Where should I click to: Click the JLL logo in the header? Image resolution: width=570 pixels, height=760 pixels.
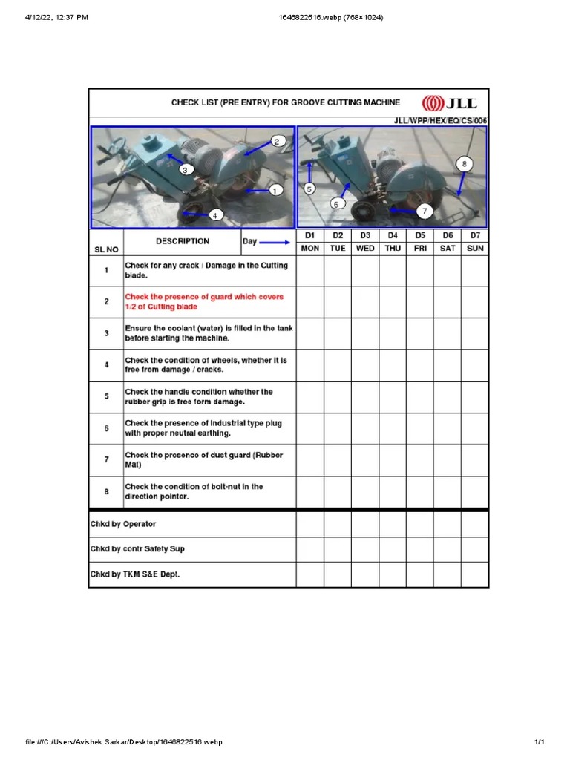coord(449,103)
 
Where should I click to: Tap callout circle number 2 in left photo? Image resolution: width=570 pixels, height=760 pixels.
coord(276,141)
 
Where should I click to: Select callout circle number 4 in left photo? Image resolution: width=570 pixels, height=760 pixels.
coord(215,215)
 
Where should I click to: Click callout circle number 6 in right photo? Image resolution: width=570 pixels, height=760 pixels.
coord(335,203)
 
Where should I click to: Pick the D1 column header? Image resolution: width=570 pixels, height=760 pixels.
coord(310,235)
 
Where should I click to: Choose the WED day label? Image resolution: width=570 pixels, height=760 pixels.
coord(365,248)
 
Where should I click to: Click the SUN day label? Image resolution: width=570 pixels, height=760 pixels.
coord(475,248)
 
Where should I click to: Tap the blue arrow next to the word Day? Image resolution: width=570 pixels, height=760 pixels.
coord(275,242)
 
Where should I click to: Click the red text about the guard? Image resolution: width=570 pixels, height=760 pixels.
coord(204,302)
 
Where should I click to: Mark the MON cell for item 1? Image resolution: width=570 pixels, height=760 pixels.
coord(310,271)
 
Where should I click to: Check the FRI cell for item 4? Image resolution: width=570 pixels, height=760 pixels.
coord(420,365)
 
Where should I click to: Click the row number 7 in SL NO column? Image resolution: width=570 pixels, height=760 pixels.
coord(106,460)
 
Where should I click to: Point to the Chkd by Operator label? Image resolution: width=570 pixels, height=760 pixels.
coord(123,524)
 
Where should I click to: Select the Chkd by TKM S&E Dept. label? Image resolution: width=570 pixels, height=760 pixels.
coord(135,574)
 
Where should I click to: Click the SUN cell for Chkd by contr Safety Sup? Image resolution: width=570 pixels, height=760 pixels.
coord(475,549)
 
